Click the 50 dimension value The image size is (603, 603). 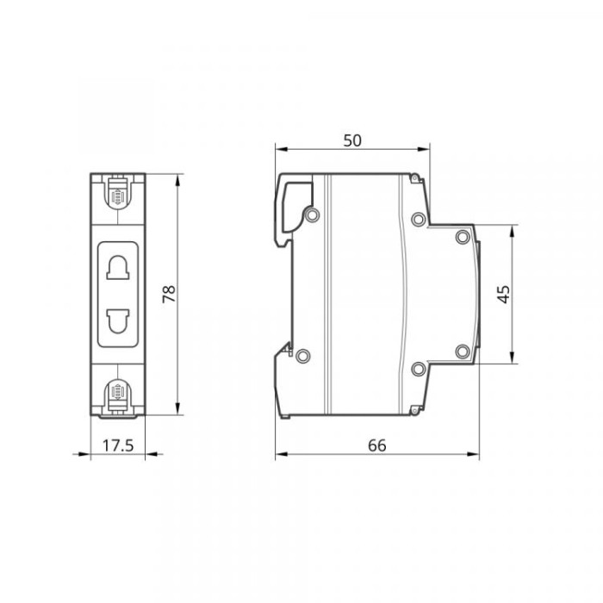click(x=352, y=140)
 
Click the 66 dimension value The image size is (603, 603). click(x=377, y=445)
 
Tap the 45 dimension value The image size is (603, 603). click(x=504, y=295)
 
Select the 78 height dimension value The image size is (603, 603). click(x=169, y=295)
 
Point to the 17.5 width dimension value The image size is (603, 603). click(x=118, y=445)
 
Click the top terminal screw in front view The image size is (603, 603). click(x=117, y=196)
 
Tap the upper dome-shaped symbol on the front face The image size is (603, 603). click(x=118, y=267)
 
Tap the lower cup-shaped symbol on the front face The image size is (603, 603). click(x=118, y=321)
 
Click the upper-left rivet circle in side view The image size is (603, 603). click(x=312, y=214)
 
